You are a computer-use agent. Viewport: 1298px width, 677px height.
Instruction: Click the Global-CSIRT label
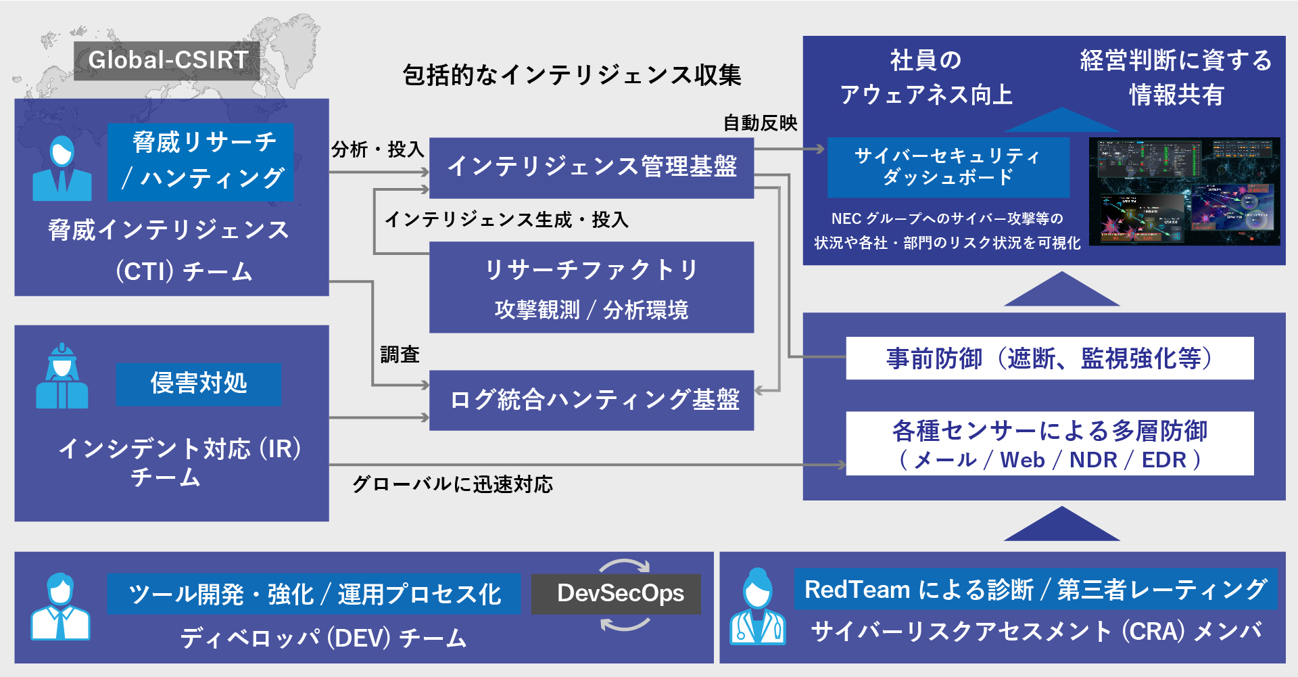[167, 60]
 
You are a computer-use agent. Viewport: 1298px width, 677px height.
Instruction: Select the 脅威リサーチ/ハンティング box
[201, 161]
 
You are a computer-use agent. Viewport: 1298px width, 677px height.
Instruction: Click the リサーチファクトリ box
[592, 287]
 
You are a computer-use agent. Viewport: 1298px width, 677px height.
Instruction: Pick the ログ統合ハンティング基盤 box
[592, 400]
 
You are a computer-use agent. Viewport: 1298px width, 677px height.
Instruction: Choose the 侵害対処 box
[198, 383]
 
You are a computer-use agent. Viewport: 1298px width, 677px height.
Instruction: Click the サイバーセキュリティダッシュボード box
[948, 167]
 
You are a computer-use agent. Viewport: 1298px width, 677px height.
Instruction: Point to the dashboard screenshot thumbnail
[1184, 192]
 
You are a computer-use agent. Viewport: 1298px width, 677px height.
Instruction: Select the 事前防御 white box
[1049, 358]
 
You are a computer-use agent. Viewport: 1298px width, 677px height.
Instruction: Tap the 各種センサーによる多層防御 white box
[1049, 444]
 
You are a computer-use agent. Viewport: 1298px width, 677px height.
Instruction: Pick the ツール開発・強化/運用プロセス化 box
[314, 594]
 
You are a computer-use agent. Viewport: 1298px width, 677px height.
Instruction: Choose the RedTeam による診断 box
[1035, 590]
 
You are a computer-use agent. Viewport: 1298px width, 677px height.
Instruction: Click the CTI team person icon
[62, 169]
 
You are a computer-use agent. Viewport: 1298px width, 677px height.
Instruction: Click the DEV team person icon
[60, 607]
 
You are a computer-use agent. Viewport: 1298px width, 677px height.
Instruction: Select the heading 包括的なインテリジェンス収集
[572, 75]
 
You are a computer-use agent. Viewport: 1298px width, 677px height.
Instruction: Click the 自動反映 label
[760, 123]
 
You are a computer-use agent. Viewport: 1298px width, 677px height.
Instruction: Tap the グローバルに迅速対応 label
[452, 484]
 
